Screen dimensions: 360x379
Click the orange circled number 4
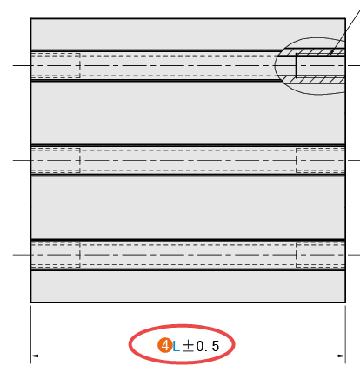(x=165, y=345)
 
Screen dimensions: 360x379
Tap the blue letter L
(x=176, y=347)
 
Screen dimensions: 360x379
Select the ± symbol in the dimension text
(x=188, y=346)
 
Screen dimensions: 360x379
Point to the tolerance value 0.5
(x=208, y=346)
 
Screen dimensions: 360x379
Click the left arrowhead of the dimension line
(x=35, y=356)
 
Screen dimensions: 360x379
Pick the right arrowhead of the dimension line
(x=342, y=356)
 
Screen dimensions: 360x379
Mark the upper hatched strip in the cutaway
(x=314, y=52)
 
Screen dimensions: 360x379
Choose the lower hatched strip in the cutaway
(x=314, y=79)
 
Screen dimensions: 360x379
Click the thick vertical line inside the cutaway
(x=296, y=65)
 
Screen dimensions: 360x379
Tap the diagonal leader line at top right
(x=345, y=28)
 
